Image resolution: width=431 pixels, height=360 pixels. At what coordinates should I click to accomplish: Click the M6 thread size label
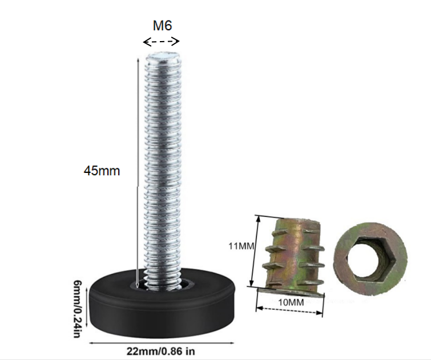162,26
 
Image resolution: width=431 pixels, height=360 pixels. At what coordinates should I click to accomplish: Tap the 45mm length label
102,171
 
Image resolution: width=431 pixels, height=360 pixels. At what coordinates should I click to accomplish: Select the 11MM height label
241,246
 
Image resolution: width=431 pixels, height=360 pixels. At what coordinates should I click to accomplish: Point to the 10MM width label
291,302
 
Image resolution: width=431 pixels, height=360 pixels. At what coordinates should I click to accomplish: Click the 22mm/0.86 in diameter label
161,351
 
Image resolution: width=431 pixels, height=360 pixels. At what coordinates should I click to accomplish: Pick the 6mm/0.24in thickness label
78,309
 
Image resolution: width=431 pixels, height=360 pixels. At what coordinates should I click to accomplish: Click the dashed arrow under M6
162,42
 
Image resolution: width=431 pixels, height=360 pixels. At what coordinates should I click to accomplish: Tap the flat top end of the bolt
163,57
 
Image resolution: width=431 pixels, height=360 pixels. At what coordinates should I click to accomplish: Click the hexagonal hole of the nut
370,259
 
